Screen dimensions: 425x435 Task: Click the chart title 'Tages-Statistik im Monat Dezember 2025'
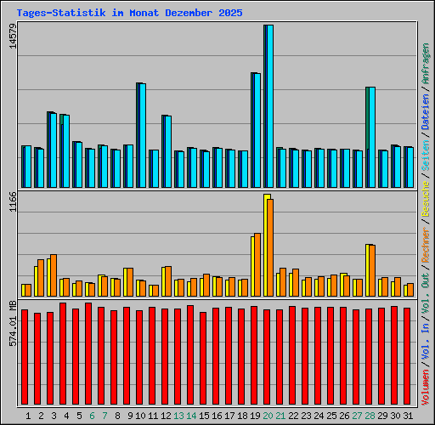pos(129,13)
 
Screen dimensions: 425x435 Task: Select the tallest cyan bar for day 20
pos(269,106)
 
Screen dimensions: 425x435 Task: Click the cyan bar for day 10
pos(142,135)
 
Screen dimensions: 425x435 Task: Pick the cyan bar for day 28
pos(371,137)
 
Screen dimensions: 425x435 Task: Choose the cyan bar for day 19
pos(257,130)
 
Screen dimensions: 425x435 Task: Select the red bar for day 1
pos(25,358)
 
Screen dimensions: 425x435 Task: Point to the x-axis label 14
pos(192,416)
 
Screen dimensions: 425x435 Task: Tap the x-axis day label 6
pos(91,416)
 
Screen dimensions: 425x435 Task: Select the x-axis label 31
pos(407,416)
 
